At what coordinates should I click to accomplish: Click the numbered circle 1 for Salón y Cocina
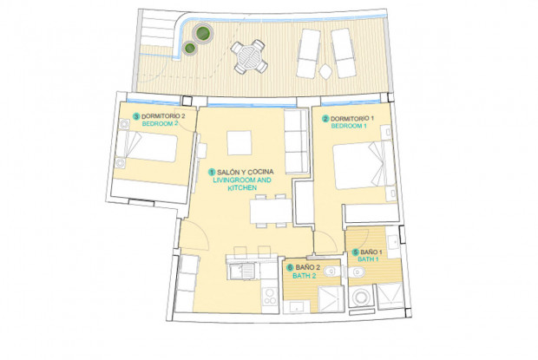tap(212, 172)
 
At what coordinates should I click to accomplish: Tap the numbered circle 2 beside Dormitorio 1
tap(325, 119)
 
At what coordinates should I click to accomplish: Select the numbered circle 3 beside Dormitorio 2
tap(136, 116)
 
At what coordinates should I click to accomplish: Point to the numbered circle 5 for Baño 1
tap(355, 252)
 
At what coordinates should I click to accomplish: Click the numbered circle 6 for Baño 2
tap(291, 267)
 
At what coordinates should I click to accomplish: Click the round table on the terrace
tap(249, 56)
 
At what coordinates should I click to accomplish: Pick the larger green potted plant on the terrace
tap(203, 34)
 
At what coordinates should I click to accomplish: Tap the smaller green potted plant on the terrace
tap(189, 49)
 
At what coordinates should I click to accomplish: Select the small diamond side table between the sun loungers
tap(325, 72)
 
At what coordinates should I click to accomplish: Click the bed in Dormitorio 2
tap(148, 147)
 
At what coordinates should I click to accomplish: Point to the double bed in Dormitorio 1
tap(364, 165)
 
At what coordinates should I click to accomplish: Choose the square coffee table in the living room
tap(239, 142)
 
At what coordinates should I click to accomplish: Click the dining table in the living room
tap(271, 211)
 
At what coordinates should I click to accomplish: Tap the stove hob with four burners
tap(270, 296)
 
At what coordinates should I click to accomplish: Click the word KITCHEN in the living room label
tap(242, 188)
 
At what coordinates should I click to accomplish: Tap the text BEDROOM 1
tap(349, 126)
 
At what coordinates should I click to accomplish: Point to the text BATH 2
tap(305, 276)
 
